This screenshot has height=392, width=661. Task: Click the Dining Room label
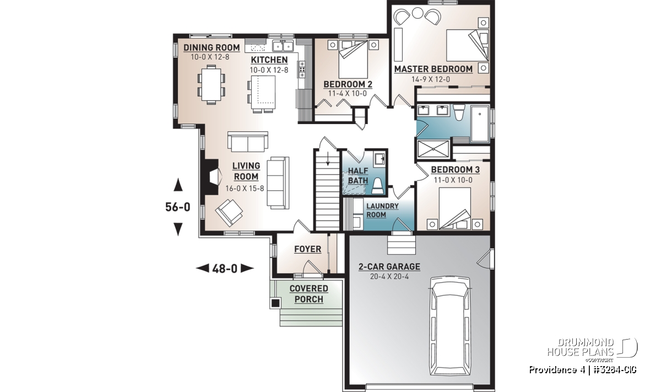point(212,47)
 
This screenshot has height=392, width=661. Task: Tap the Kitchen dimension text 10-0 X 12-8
point(269,70)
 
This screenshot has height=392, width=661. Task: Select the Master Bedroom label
point(433,69)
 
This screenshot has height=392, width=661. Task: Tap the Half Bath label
point(358,175)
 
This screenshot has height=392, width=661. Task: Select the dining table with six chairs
point(211,85)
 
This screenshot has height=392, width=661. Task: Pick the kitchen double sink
point(283,46)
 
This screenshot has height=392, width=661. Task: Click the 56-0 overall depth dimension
point(177,207)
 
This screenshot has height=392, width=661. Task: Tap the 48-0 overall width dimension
point(225,269)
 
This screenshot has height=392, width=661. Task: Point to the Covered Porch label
point(308,294)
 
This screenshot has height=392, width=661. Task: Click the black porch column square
point(275,303)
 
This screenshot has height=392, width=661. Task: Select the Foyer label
point(307,249)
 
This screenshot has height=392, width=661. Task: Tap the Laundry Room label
point(382,210)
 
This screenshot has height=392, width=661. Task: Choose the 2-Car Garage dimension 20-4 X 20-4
point(389,277)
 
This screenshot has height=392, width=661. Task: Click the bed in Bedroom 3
point(455,208)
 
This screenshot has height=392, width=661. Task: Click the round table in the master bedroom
point(418,13)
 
